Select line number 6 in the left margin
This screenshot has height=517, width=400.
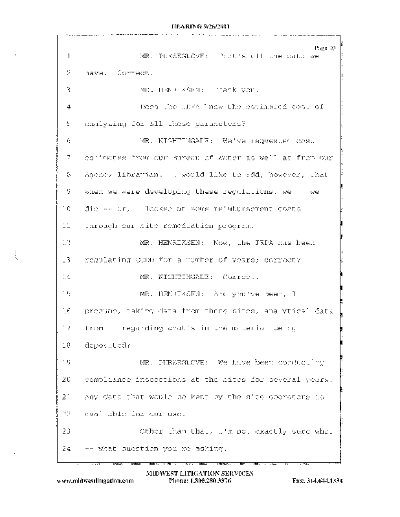pos(68,140)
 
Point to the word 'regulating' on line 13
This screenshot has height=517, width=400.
pos(108,260)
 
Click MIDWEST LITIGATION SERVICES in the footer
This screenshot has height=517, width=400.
pos(199,474)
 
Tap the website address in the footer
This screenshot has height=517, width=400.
pos(98,482)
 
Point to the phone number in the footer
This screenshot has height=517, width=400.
pos(199,482)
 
